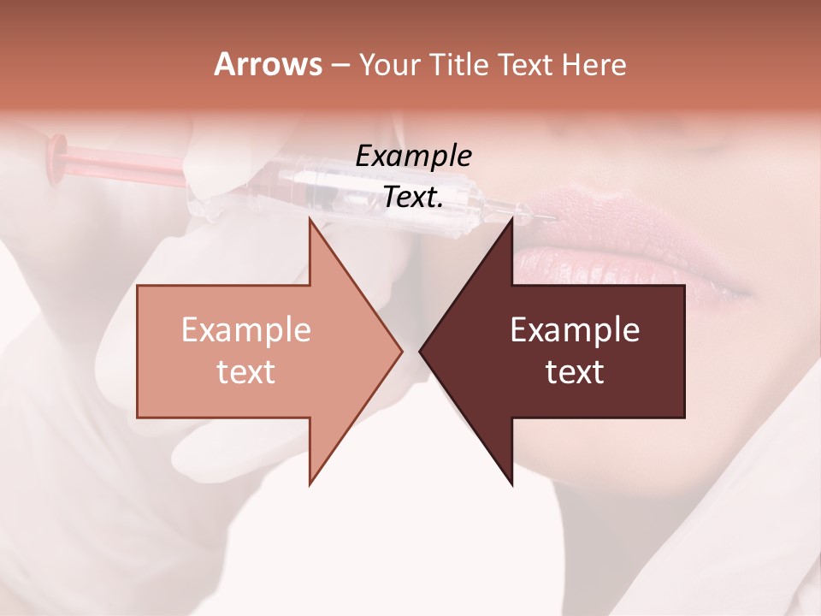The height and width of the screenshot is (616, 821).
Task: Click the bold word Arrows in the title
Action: coord(269,64)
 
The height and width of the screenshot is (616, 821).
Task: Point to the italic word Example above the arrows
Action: coord(414,156)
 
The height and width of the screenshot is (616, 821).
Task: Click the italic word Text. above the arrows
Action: coord(414,197)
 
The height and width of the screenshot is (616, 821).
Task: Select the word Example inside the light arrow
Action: coord(246,330)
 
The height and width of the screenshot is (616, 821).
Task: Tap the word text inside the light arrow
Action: coord(246,372)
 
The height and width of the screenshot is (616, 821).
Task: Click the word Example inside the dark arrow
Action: coord(575,330)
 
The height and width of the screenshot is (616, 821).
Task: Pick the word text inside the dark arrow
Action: coord(575,372)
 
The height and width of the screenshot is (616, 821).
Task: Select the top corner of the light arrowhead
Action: coord(310,220)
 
